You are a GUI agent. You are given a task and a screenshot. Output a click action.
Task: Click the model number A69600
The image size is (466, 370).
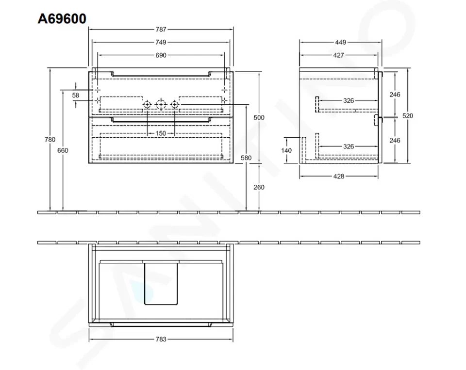pos(62,18)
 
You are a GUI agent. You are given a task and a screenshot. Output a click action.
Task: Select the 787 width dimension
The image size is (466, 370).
pos(161,30)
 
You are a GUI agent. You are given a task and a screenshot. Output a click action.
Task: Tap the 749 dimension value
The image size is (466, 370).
pos(161,42)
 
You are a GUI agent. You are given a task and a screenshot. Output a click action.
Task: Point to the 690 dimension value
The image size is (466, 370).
pos(161,55)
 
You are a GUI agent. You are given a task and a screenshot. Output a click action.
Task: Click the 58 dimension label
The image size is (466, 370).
pos(76,96)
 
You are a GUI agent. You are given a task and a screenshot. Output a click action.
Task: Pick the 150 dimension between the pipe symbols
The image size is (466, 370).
pos(161,133)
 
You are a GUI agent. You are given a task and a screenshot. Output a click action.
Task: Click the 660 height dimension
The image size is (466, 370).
pos(63,150)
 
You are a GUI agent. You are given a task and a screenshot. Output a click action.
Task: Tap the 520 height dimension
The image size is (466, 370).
pos(408,116)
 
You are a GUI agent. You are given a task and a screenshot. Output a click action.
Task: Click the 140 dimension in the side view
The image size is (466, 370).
pos(286,150)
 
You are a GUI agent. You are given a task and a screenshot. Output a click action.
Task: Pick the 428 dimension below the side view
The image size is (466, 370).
pos(338,176)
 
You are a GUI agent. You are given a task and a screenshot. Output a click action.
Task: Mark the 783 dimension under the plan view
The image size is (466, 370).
pos(161,339)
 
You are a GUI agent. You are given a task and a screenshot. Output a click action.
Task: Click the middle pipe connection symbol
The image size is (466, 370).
pos(161,104)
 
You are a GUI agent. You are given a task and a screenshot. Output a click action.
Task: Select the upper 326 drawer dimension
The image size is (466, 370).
pos(348,101)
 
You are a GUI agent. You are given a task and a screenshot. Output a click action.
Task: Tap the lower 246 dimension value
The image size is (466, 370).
pos(395,140)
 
